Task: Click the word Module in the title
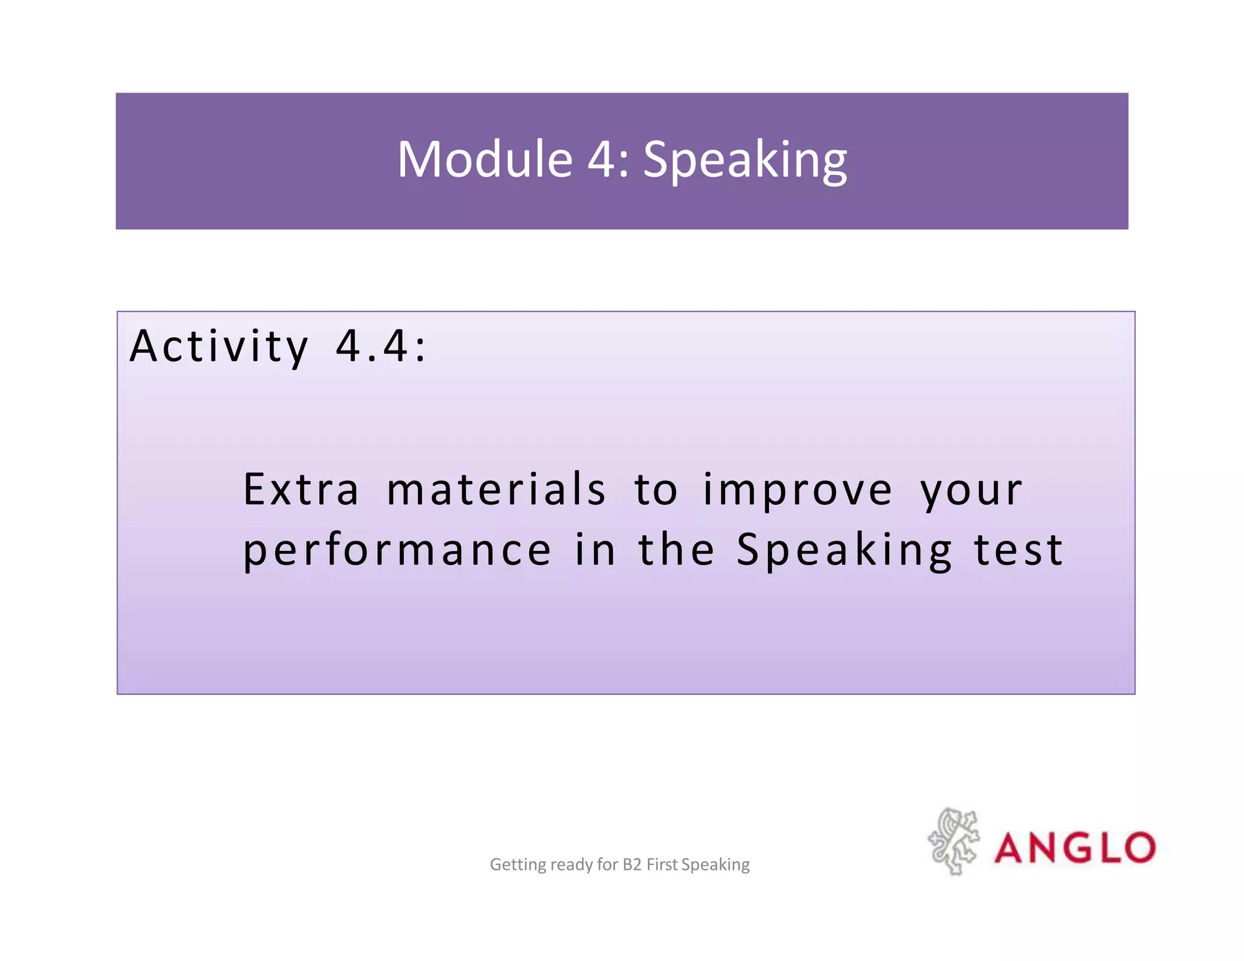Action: coord(484,160)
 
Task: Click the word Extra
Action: coord(301,490)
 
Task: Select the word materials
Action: coord(496,490)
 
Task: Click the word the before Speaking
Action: coord(676,550)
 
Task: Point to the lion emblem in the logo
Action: coord(953,842)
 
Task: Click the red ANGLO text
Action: coord(1075,848)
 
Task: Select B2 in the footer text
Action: coord(632,864)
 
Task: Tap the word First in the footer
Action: coord(661,864)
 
